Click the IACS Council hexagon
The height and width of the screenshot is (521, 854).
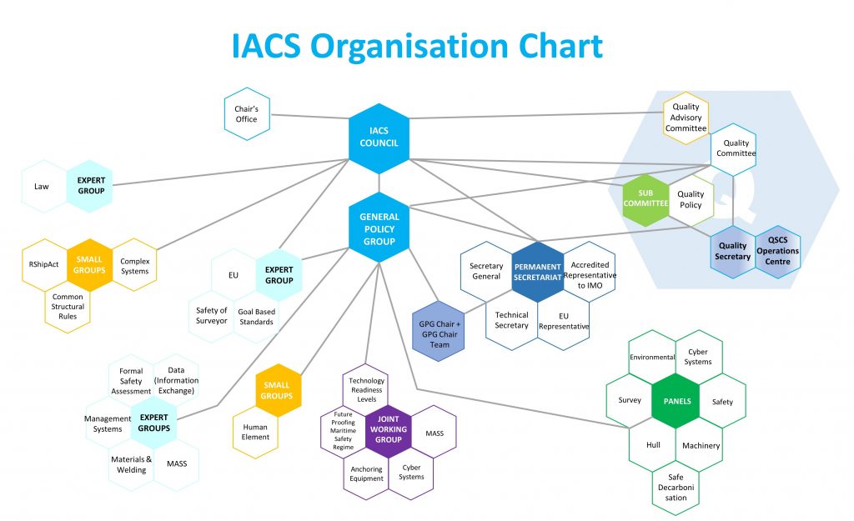pos(379,138)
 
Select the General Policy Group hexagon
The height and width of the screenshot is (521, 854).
pos(379,228)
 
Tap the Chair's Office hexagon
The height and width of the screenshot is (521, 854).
pos(246,114)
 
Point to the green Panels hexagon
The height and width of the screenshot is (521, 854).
pos(676,401)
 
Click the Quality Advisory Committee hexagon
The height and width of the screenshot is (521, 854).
pos(686,118)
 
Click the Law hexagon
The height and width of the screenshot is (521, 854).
pos(43,187)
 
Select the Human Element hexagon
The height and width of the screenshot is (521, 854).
pos(255,432)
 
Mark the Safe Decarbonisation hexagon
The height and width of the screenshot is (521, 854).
pos(676,487)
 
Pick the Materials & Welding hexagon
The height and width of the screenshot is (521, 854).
pos(132,464)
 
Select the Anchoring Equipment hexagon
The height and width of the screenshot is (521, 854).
pos(366,473)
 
